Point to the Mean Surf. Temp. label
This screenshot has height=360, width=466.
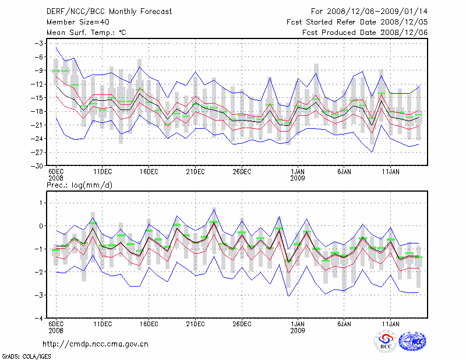[x=86, y=33]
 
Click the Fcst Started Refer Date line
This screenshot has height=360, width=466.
[x=357, y=22]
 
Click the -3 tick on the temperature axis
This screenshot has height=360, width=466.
[x=40, y=43]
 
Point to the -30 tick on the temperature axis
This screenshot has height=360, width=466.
[x=38, y=165]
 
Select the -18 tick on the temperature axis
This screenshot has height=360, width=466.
[x=38, y=111]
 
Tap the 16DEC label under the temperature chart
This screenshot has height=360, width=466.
[x=149, y=172]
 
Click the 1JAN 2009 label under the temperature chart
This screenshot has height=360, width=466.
[x=298, y=176]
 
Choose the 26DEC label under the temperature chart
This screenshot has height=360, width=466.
[x=242, y=172]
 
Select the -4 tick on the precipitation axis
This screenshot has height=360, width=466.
[x=40, y=319]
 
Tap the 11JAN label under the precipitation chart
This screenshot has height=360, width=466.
[x=390, y=323]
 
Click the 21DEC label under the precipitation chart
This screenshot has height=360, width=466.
[x=195, y=323]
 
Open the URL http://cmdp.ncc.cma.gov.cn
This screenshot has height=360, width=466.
[x=96, y=344]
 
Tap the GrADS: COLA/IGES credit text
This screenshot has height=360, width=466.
[x=26, y=355]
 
